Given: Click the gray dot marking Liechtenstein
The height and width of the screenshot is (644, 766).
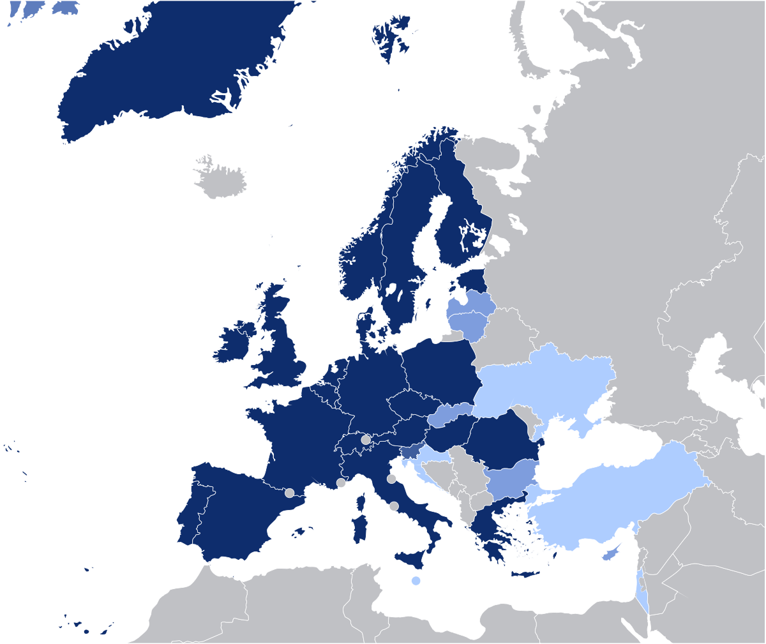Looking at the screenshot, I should point(366,440).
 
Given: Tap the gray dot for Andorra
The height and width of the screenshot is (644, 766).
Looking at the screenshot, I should point(289,493).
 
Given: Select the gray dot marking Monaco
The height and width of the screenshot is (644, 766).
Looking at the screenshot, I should point(342,483).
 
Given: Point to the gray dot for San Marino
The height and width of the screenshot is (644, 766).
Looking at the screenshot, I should point(391,479).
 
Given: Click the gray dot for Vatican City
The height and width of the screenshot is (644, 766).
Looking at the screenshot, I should point(394,506).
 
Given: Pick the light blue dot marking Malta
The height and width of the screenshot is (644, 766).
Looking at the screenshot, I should point(416,581).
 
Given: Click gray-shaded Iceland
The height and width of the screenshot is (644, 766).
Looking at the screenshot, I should point(221,179).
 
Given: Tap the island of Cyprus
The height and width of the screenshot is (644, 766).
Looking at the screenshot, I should point(611,554).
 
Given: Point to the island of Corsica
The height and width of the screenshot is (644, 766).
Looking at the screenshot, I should point(361,502).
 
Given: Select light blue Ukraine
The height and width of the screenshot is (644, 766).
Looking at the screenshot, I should point(543,383).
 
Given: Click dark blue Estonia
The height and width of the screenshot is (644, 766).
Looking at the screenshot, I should point(472,281).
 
